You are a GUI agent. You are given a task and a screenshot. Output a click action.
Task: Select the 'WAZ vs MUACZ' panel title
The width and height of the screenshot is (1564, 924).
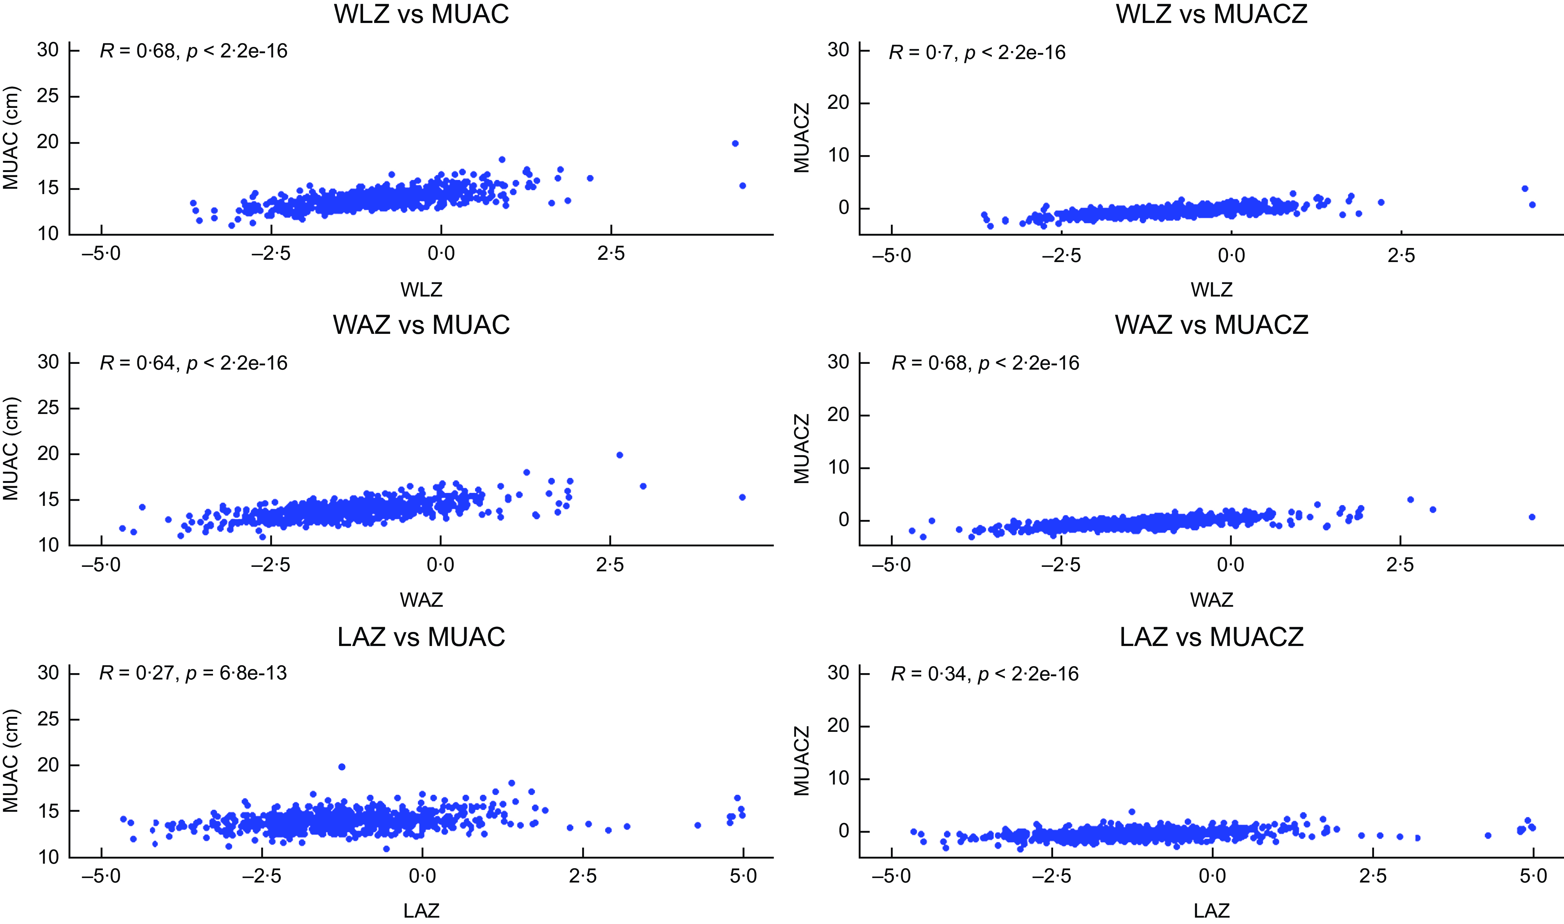click(1211, 325)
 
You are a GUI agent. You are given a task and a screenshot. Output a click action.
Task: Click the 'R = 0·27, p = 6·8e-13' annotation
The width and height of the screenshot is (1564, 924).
click(193, 673)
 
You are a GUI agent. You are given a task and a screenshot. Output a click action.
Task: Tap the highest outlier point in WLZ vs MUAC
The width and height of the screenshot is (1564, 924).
click(735, 143)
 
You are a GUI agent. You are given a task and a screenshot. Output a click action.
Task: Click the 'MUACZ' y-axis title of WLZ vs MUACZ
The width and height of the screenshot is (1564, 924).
click(801, 138)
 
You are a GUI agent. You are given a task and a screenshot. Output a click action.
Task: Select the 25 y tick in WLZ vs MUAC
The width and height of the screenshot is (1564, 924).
click(48, 96)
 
